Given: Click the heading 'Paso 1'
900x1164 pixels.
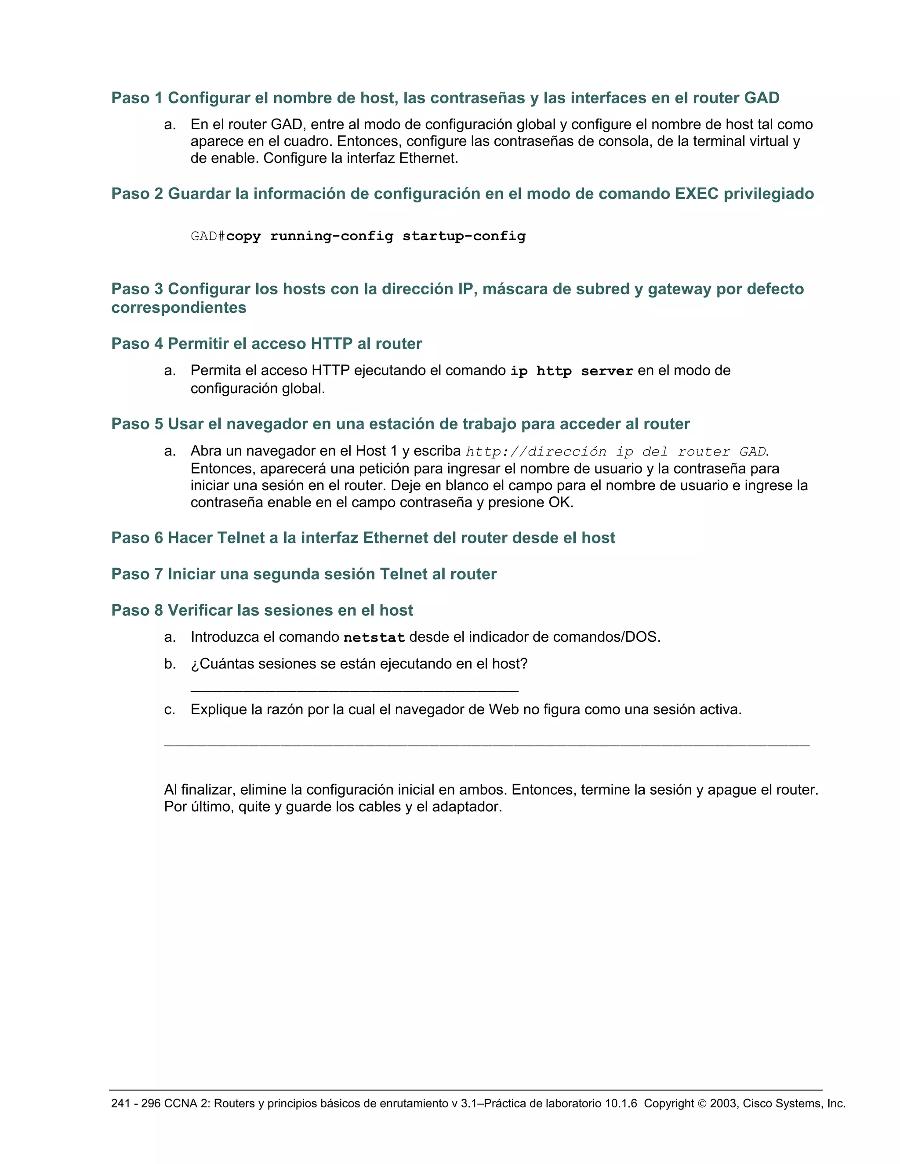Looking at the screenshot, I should [137, 98].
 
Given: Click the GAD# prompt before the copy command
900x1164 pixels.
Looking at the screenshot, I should [207, 236].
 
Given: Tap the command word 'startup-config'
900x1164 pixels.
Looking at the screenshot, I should [464, 236].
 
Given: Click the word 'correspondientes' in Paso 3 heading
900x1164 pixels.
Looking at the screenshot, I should [178, 307].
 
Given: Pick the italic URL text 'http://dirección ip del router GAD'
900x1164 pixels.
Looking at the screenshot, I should [616, 452].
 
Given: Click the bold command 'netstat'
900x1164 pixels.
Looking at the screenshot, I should [374, 637].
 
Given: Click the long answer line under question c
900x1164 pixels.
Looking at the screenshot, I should [486, 745].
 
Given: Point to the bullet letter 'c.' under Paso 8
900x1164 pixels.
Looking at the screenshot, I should [170, 710].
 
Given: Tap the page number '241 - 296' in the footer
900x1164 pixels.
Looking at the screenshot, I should [135, 1104].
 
